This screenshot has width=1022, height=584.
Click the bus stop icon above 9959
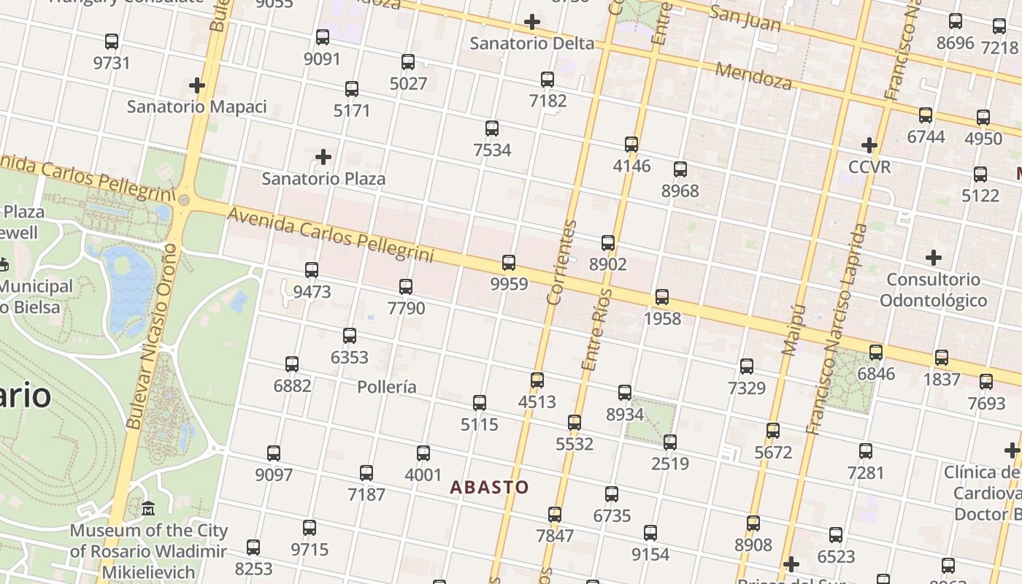click(x=509, y=263)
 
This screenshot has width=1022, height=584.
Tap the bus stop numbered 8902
click(x=608, y=243)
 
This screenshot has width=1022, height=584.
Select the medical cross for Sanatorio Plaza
click(x=323, y=157)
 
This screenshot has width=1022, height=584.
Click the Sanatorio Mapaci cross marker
click(x=196, y=85)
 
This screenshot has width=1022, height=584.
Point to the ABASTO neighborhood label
click(x=489, y=487)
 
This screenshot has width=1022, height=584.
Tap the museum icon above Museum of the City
click(x=148, y=508)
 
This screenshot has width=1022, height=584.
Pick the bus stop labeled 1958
click(x=662, y=297)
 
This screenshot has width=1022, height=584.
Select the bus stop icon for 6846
click(x=876, y=353)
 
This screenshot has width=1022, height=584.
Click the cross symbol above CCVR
click(x=869, y=145)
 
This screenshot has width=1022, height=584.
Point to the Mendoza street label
click(x=753, y=76)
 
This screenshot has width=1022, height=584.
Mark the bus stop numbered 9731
click(x=112, y=42)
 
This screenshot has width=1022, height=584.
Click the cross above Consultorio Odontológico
click(x=933, y=258)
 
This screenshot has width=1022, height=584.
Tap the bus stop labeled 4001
click(x=423, y=453)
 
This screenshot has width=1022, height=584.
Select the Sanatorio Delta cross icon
click(x=532, y=22)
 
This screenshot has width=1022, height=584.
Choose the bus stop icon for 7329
click(x=747, y=366)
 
